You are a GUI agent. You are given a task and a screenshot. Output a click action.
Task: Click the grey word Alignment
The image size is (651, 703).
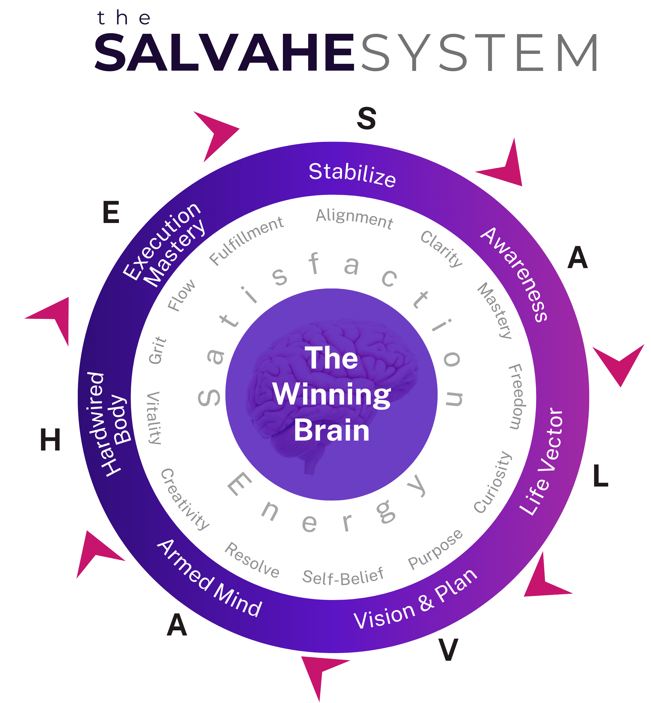pos(354,219)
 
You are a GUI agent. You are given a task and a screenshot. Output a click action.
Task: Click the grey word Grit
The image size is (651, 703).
pos(157,350)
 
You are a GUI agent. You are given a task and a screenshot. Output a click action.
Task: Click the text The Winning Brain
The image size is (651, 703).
pos(331,394)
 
